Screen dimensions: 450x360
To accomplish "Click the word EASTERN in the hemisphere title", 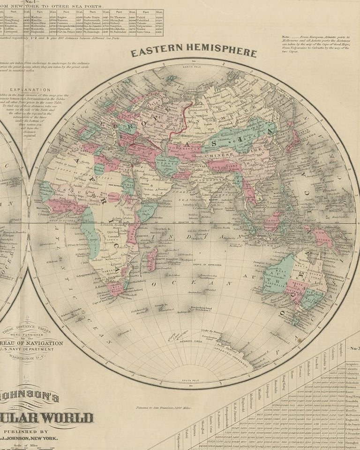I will [x=157, y=52].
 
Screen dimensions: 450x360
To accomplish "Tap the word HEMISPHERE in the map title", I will [x=219, y=52].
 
